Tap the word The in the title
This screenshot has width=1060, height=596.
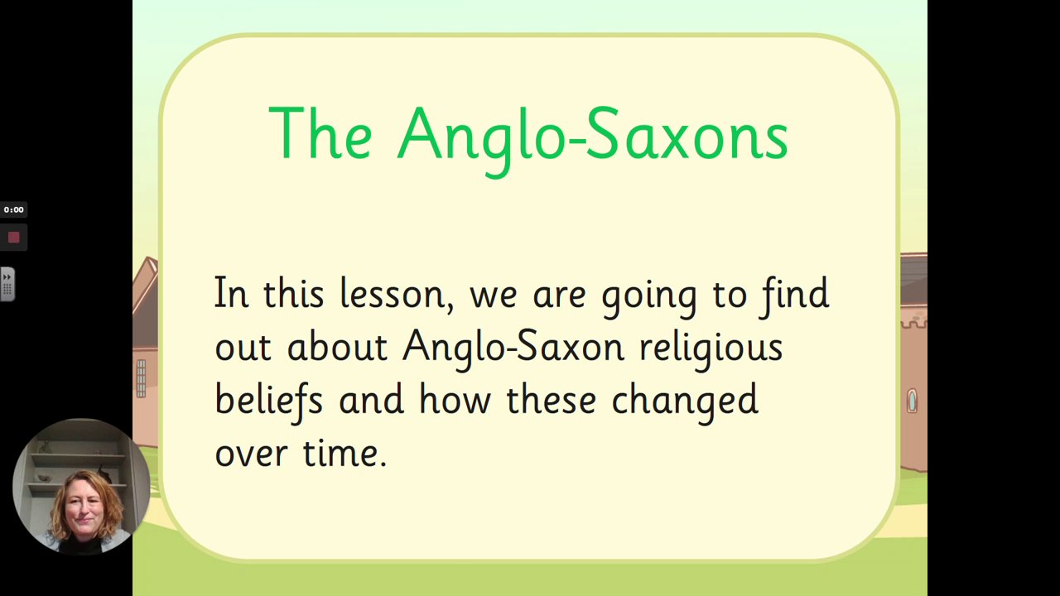(320, 133)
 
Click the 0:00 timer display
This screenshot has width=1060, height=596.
(14, 209)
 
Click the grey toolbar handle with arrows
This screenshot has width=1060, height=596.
(7, 284)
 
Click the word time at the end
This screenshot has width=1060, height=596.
(344, 453)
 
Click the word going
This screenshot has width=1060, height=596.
(648, 297)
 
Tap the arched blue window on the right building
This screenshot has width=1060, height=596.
(912, 401)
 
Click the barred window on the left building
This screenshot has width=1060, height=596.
(141, 378)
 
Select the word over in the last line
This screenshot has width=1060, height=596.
(251, 454)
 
